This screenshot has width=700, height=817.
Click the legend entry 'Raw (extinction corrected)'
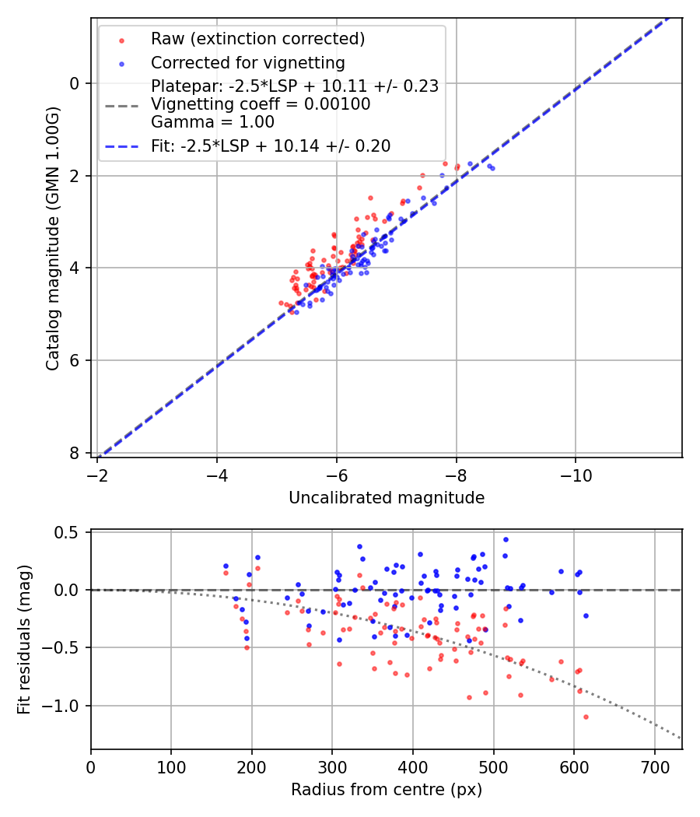pos(257,39)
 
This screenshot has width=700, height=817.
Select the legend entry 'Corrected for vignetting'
pos(247,62)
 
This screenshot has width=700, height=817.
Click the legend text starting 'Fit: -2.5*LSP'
pos(271,146)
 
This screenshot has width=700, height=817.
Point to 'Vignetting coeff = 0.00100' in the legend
pos(261,103)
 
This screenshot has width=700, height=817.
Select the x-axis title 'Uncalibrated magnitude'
pos(387,498)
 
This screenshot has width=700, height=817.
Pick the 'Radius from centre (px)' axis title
pos(387,790)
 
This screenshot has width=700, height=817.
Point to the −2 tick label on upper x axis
pos(97,474)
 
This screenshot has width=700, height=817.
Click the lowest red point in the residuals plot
pos(586,717)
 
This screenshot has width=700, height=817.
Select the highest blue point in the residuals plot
pos(506,539)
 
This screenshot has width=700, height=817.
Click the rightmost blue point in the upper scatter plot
pos(492,168)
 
